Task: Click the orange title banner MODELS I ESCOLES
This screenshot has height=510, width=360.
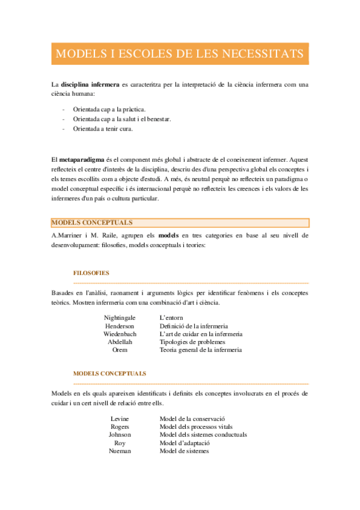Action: pyautogui.click(x=180, y=54)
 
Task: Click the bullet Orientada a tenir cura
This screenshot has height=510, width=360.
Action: pyautogui.click(x=102, y=128)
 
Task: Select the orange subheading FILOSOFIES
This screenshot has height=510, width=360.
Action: pyautogui.click(x=91, y=272)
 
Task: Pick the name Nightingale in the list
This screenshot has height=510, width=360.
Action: pyautogui.click(x=120, y=317)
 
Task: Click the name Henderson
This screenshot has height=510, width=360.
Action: pyautogui.click(x=120, y=325)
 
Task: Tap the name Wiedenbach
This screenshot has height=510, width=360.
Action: pyautogui.click(x=120, y=333)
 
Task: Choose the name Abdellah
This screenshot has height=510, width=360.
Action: pyautogui.click(x=120, y=342)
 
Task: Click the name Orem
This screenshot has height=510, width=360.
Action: pyautogui.click(x=120, y=349)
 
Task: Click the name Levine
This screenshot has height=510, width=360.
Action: pyautogui.click(x=120, y=418)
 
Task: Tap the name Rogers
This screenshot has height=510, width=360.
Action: pyautogui.click(x=120, y=426)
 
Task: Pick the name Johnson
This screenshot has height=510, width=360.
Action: pyautogui.click(x=120, y=434)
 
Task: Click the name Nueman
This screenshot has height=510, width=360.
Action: pyautogui.click(x=120, y=450)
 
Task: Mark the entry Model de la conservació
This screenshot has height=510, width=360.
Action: pyautogui.click(x=196, y=418)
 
